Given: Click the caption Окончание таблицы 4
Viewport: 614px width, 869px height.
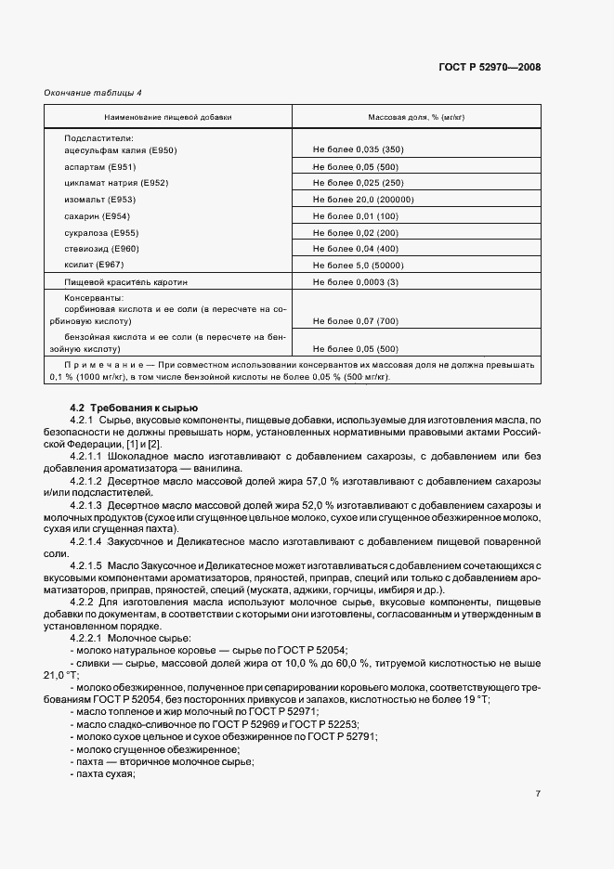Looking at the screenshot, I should pyautogui.click(x=93, y=92).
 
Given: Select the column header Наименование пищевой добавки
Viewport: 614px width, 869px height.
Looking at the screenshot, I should pyautogui.click(x=168, y=118).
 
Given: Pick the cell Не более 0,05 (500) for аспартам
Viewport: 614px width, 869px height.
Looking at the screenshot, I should pyautogui.click(x=356, y=166).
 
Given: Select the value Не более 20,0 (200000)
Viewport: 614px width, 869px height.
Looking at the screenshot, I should pyautogui.click(x=363, y=200).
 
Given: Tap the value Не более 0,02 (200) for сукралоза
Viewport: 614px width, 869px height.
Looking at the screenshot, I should pyautogui.click(x=356, y=232).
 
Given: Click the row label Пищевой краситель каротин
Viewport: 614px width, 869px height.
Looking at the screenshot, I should pyautogui.click(x=125, y=281).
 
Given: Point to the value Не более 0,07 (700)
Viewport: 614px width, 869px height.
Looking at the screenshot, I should pyautogui.click(x=356, y=320).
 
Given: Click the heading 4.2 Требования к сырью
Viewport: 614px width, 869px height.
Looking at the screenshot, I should pyautogui.click(x=134, y=409).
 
